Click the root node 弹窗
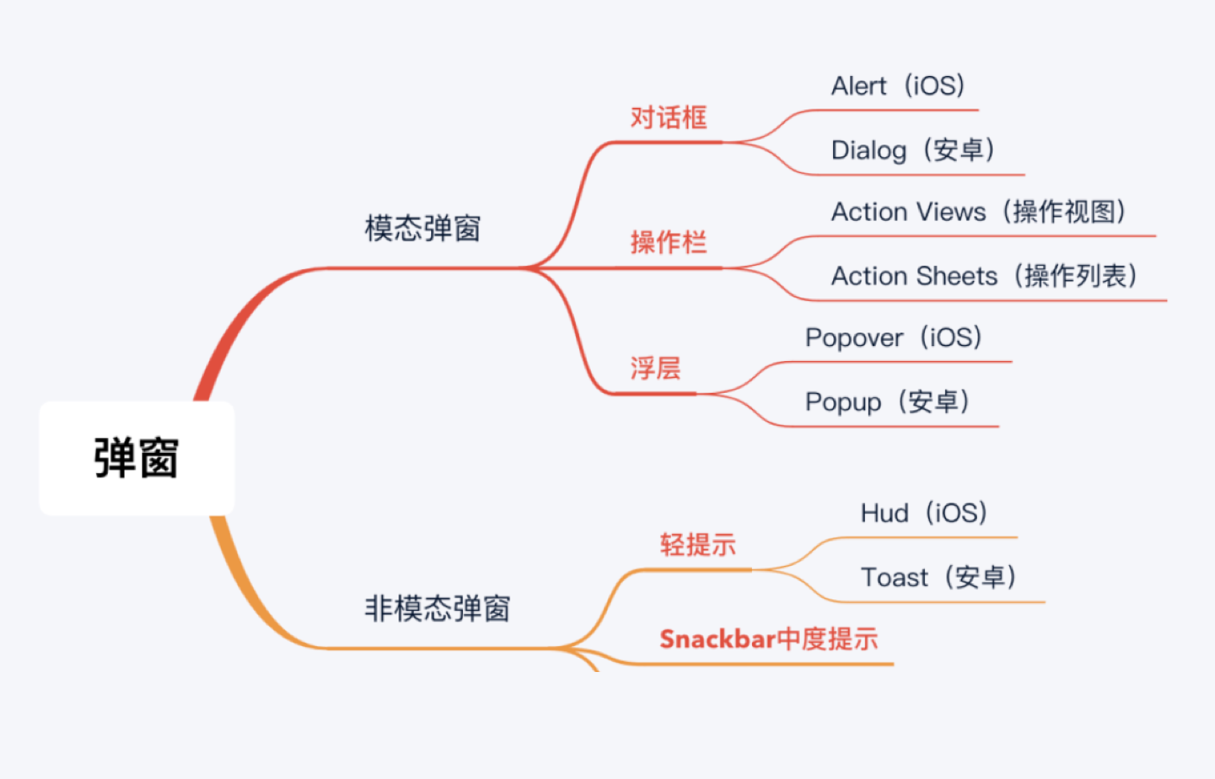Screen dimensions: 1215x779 pos(137,458)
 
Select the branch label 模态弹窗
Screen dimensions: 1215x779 pos(423,228)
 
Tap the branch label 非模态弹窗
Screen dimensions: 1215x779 pos(437,608)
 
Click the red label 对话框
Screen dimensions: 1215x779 pos(669,117)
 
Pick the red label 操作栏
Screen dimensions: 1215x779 pos(669,242)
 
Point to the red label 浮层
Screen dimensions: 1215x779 pos(655,368)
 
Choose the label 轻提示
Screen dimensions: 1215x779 pos(698,544)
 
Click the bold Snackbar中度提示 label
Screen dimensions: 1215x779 pos(769,639)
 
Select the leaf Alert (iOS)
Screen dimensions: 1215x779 pos(898,86)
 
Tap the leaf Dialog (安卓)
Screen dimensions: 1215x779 pos(913,150)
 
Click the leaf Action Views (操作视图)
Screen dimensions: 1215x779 pos(979,211)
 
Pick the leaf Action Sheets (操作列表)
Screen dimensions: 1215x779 pos(984,276)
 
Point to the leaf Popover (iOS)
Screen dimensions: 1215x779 pos(894,338)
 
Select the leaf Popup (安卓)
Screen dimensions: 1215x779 pos(887,402)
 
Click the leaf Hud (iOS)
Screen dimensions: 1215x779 pos(923,512)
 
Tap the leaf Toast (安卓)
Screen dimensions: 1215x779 pos(938,577)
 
